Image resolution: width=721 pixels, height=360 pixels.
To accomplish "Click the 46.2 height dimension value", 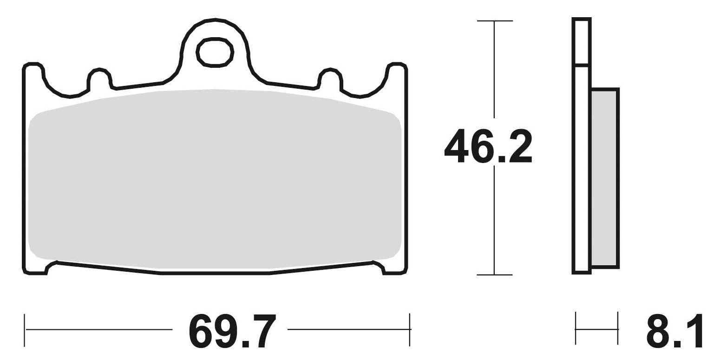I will pyautogui.click(x=488, y=146).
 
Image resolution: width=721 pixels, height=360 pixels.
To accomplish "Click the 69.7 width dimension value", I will pyautogui.click(x=232, y=331).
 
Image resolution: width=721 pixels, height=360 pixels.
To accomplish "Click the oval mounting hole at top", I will pyautogui.click(x=215, y=52).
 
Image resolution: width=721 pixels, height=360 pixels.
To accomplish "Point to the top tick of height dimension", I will pyautogui.click(x=494, y=21).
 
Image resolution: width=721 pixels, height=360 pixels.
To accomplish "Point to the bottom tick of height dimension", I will pyautogui.click(x=494, y=275).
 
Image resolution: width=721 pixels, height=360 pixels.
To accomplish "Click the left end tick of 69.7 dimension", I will pyautogui.click(x=25, y=330).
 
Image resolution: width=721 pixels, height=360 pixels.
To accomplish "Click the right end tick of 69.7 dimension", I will pyautogui.click(x=410, y=330).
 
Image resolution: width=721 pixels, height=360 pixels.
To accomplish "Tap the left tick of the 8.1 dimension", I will pyautogui.click(x=576, y=329).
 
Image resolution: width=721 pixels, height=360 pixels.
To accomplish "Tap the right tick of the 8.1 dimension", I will pyautogui.click(x=618, y=329).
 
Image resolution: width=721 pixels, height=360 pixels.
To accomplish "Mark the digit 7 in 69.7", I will pyautogui.click(x=265, y=331).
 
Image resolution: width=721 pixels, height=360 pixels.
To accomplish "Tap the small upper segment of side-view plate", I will pyautogui.click(x=582, y=42).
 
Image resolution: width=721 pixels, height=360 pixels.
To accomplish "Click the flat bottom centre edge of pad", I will pyautogui.click(x=215, y=273).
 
